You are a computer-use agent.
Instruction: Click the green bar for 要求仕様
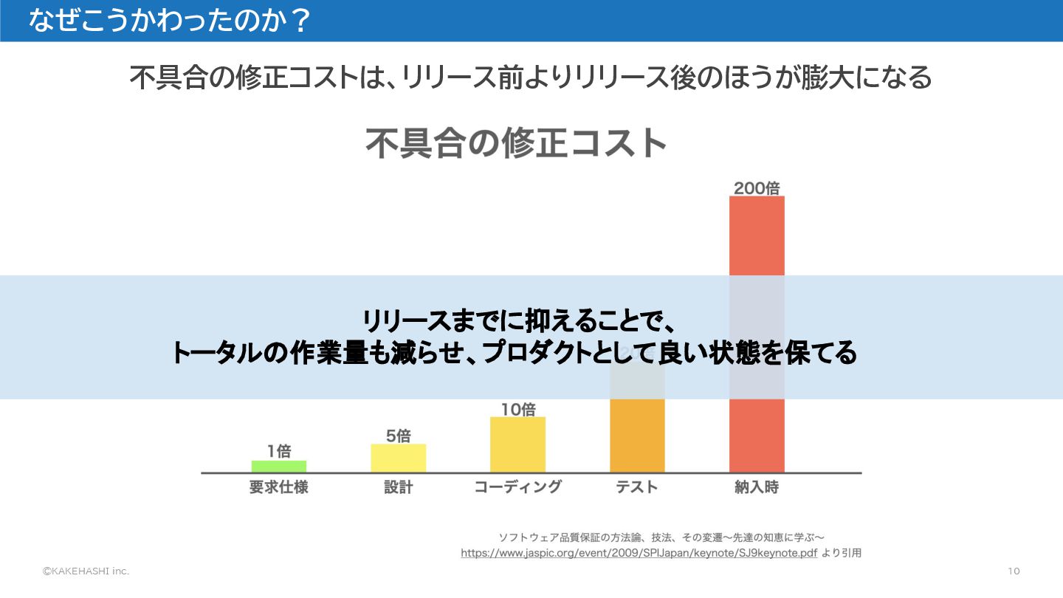pyautogui.click(x=278, y=467)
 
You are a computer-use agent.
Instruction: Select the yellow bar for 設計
pyautogui.click(x=398, y=458)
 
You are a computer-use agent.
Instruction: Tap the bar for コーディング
pyautogui.click(x=517, y=444)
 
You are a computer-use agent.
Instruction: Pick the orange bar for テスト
pyautogui.click(x=637, y=436)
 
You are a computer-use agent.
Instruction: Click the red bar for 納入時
pyautogui.click(x=757, y=236)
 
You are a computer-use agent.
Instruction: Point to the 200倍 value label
pyautogui.click(x=757, y=188)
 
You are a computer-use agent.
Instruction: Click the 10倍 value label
pyautogui.click(x=517, y=409)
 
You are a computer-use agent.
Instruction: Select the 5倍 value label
pyautogui.click(x=398, y=436)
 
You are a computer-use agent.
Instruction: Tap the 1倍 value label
pyautogui.click(x=279, y=451)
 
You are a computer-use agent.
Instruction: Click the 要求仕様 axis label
pyautogui.click(x=278, y=487)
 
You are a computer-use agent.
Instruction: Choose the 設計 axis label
pyautogui.click(x=398, y=487)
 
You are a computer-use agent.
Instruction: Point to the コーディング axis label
pyautogui.click(x=517, y=487)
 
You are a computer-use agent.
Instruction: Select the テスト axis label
pyautogui.click(x=637, y=487)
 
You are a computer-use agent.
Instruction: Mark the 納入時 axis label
pyautogui.click(x=757, y=487)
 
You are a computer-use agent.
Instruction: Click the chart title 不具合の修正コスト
pyautogui.click(x=517, y=143)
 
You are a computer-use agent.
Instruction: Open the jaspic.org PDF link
pyautogui.click(x=639, y=552)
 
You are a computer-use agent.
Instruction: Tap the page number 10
pyautogui.click(x=1014, y=571)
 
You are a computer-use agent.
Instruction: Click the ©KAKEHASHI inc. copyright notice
pyautogui.click(x=86, y=571)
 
